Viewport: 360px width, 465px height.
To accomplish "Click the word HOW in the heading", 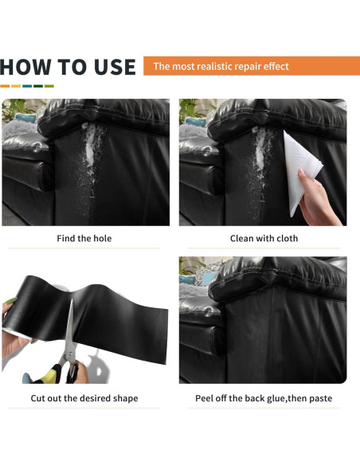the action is click(x=25, y=67).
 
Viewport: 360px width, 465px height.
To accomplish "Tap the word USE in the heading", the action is click(x=115, y=67).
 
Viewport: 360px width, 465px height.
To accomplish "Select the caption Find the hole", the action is click(x=84, y=238).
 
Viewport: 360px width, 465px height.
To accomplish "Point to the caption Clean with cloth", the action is click(x=264, y=238).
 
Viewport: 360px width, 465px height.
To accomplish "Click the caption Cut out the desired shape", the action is click(x=84, y=398).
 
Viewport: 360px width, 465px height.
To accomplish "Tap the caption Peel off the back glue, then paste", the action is click(x=264, y=398).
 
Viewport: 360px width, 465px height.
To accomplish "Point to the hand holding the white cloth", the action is click(x=317, y=199).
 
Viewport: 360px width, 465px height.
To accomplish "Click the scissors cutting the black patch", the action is click(x=68, y=347).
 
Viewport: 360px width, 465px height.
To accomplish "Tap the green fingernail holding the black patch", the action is click(x=11, y=301).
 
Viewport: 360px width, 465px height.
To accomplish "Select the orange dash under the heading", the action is click(x=5, y=86).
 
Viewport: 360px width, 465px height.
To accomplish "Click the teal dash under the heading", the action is click(x=27, y=86).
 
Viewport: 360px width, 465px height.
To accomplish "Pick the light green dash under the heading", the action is click(x=49, y=86).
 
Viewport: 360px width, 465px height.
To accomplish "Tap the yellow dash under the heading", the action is click(x=16, y=86).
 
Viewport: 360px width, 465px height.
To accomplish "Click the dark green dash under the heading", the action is click(x=38, y=86).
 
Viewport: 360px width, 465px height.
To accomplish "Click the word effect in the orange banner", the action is click(x=276, y=66).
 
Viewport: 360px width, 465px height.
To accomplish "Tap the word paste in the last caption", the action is click(x=321, y=399).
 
